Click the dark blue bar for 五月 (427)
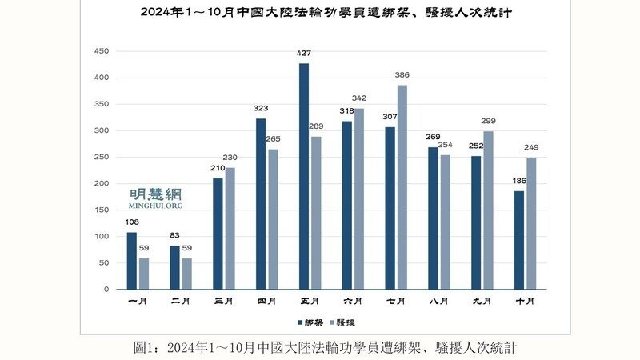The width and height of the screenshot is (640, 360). pyautogui.click(x=304, y=176)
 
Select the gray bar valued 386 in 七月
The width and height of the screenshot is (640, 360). pyautogui.click(x=402, y=187)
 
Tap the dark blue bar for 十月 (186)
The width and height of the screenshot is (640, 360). pyautogui.click(x=519, y=240)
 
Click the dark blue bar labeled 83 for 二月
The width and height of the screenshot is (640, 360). pyautogui.click(x=174, y=267)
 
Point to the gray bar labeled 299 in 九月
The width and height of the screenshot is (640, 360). pyautogui.click(x=488, y=210)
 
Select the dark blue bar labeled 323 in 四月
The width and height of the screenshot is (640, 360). pyautogui.click(x=261, y=204)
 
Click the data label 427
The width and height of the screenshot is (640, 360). pyautogui.click(x=304, y=54)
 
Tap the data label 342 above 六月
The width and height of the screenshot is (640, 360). pyautogui.click(x=358, y=98)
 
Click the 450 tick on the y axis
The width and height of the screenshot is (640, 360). pyautogui.click(x=102, y=51)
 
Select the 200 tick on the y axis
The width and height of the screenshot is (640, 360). pyautogui.click(x=102, y=184)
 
